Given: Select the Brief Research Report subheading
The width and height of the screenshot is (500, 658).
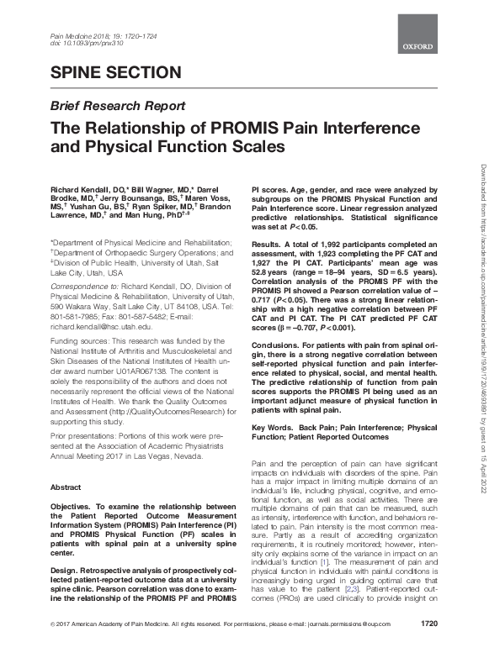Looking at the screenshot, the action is (119, 106).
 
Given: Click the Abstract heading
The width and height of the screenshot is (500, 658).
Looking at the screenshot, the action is (66, 487).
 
